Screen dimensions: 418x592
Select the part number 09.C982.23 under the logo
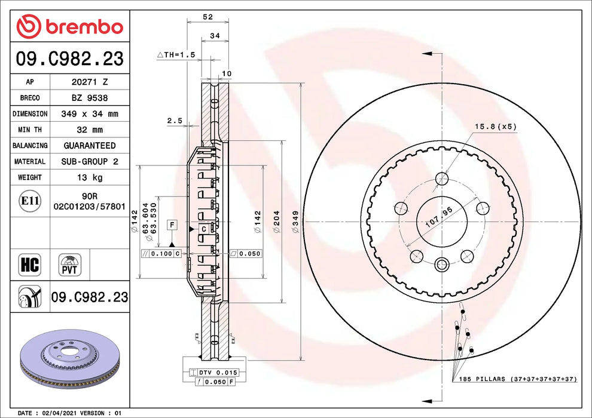[x=70, y=59]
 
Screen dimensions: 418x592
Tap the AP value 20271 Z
[x=90, y=82]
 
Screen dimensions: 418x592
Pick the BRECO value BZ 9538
[x=90, y=98]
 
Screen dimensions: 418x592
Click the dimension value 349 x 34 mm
[x=90, y=113]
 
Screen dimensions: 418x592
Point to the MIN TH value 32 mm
[x=90, y=130]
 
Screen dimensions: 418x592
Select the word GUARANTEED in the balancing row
[x=90, y=146]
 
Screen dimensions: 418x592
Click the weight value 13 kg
[x=90, y=177]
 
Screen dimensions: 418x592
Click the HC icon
[x=30, y=265]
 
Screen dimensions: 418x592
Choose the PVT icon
[x=70, y=265]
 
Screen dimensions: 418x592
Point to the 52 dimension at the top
[x=207, y=17]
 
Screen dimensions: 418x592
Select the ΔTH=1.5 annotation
[x=176, y=54]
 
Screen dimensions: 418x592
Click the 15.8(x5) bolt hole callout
[x=495, y=127]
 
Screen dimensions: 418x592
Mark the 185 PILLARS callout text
[x=517, y=379]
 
